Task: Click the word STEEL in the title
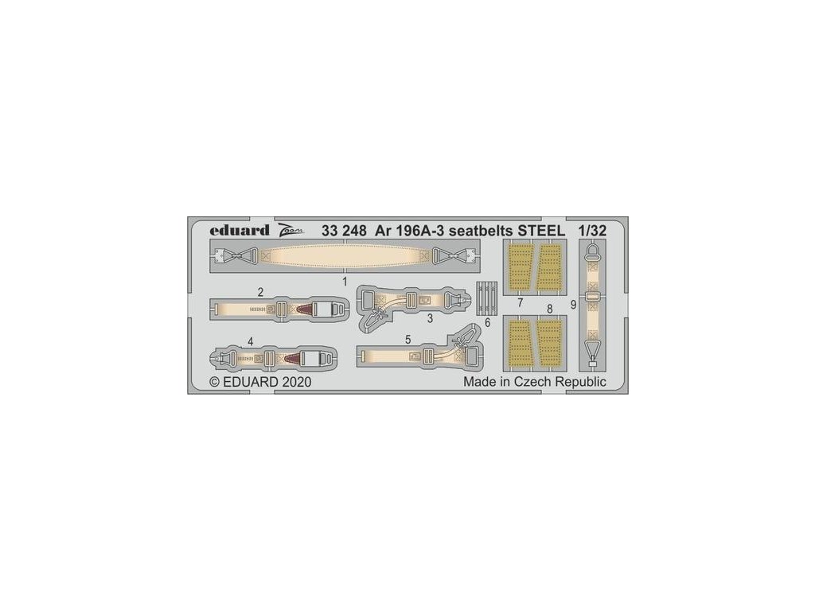click(x=536, y=232)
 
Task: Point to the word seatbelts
click(x=472, y=232)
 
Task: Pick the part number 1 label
click(x=344, y=282)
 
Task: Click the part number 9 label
click(x=573, y=304)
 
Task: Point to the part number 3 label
click(x=429, y=319)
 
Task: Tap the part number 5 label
click(x=407, y=339)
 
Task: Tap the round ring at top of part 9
click(x=592, y=253)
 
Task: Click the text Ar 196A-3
click(x=407, y=232)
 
